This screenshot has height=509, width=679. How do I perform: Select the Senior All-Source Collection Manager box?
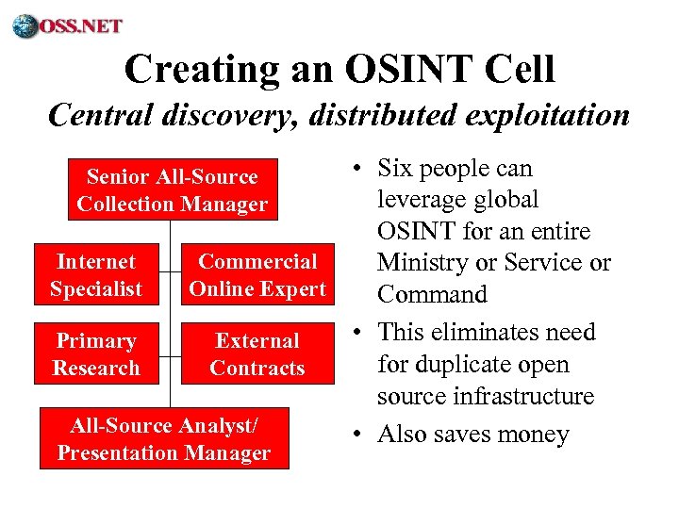coord(172,189)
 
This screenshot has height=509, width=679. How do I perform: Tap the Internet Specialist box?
coord(96,275)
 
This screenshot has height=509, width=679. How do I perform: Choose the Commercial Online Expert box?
coord(257,275)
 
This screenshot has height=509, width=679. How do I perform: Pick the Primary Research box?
coord(96,354)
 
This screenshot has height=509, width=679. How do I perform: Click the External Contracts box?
coord(257,354)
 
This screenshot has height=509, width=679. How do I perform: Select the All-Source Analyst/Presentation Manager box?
coord(164,439)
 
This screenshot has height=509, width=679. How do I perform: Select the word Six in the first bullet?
coord(397,169)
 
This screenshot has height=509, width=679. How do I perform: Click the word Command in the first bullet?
coord(432,294)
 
